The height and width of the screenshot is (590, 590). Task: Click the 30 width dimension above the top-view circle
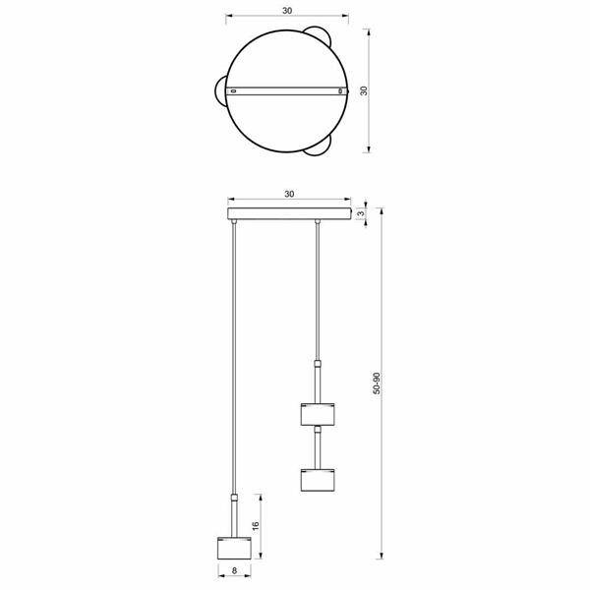click(x=287, y=11)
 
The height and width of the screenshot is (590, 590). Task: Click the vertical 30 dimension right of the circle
click(x=364, y=90)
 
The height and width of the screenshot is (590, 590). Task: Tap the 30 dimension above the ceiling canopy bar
click(x=289, y=194)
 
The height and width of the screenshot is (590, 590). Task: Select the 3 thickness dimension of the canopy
click(x=361, y=213)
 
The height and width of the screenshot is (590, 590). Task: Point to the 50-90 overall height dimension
click(x=377, y=383)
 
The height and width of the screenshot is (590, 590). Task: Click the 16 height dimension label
click(x=256, y=526)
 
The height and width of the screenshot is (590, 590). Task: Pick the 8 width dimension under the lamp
click(x=234, y=570)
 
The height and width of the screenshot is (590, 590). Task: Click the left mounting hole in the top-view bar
click(x=233, y=91)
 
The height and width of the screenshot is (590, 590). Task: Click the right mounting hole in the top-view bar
click(x=340, y=91)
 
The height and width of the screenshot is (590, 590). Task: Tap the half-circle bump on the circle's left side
click(x=217, y=91)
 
